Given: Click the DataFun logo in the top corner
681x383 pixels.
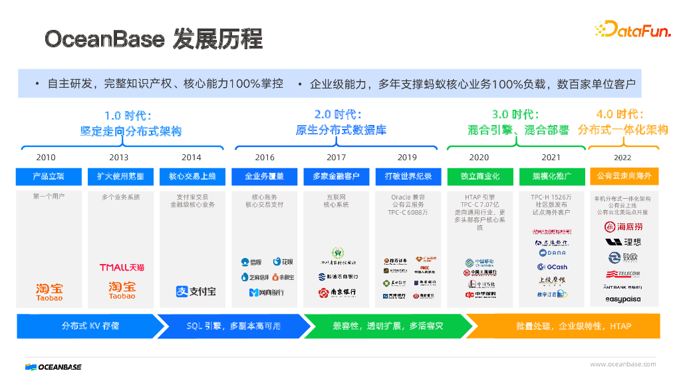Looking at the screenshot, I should pyautogui.click(x=632, y=29).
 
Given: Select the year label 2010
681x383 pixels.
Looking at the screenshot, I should pyautogui.click(x=46, y=158).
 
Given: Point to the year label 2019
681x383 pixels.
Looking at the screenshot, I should pyautogui.click(x=407, y=158).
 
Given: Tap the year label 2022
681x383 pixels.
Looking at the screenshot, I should pyautogui.click(x=623, y=158).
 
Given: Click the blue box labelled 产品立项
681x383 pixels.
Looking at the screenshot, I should pyautogui.click(x=49, y=176).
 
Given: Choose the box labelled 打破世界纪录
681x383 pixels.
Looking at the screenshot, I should pyautogui.click(x=408, y=176).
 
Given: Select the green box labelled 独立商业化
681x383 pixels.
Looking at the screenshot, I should pyautogui.click(x=479, y=176).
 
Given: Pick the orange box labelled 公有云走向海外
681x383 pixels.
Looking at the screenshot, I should pyautogui.click(x=624, y=176).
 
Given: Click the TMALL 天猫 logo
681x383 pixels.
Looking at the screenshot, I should pyautogui.click(x=122, y=267).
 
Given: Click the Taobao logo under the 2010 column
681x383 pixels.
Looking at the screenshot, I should pyautogui.click(x=49, y=291).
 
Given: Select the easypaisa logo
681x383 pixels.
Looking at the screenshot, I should pyautogui.click(x=623, y=299).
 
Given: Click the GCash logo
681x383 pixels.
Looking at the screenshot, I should pyautogui.click(x=551, y=267).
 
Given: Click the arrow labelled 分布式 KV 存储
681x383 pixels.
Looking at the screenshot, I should pyautogui.click(x=90, y=326).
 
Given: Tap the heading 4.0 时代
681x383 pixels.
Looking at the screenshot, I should pyautogui.click(x=621, y=114).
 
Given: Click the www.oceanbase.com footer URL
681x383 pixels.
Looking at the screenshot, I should pyautogui.click(x=622, y=364).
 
